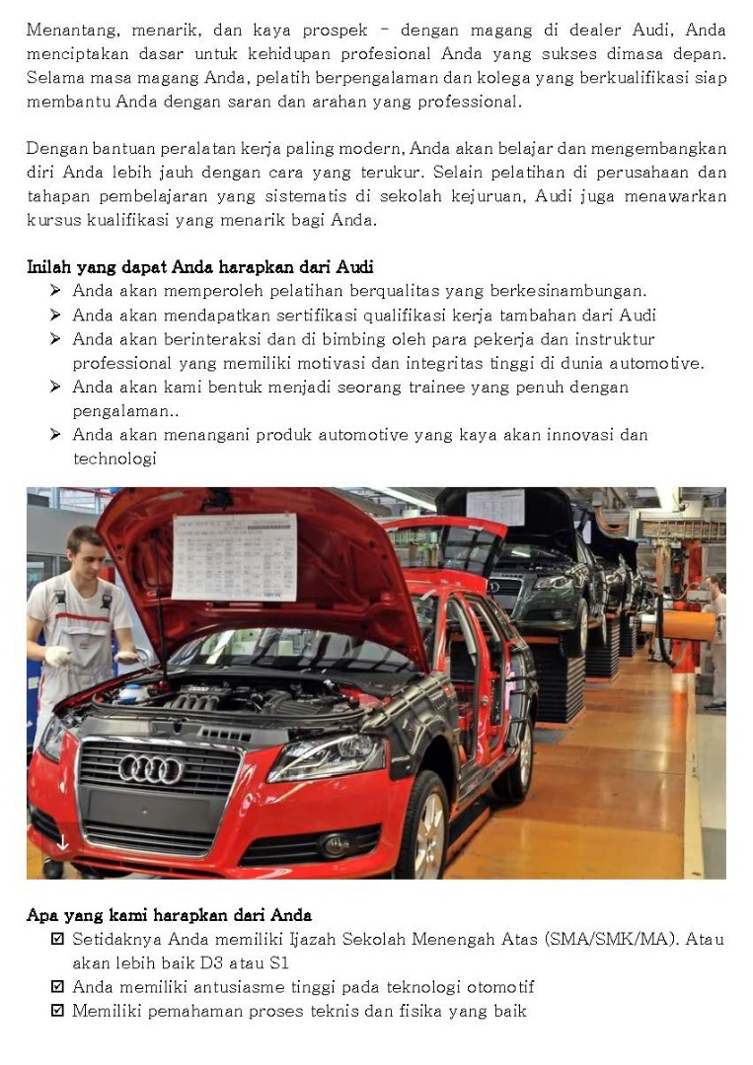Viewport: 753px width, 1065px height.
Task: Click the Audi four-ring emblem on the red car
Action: click(151, 768)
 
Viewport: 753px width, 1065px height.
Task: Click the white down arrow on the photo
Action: click(61, 842)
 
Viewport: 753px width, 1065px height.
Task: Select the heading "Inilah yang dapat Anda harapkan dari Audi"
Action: click(199, 267)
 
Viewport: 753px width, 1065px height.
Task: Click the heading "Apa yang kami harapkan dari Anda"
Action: click(169, 915)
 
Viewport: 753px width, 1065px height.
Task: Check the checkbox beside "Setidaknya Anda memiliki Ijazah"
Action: click(57, 939)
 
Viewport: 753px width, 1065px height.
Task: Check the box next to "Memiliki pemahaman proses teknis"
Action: click(57, 1011)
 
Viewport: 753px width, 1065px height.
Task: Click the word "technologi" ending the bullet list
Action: click(114, 459)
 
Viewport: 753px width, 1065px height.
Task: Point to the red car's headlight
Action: click(327, 757)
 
